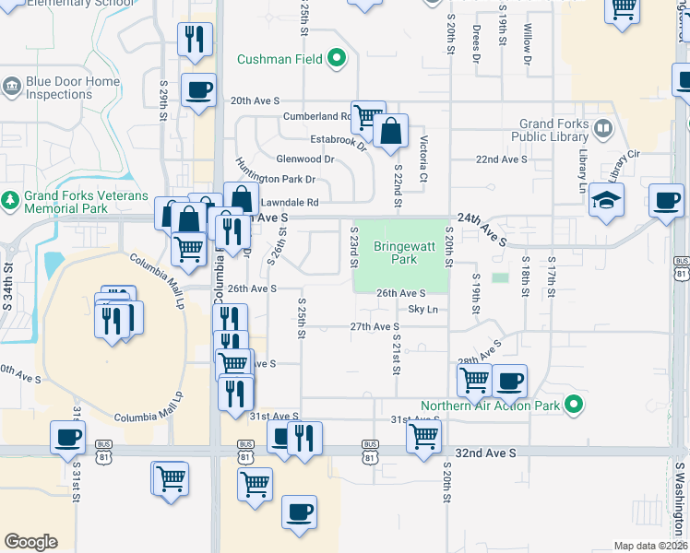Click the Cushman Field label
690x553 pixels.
(280, 60)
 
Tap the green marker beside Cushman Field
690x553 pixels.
(337, 60)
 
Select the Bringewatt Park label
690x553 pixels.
(397, 253)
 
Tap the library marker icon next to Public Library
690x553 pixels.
(604, 127)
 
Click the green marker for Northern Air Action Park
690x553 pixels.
(574, 405)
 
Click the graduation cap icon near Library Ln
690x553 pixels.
(607, 199)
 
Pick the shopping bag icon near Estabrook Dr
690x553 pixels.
(391, 133)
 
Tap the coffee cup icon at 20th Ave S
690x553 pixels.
(199, 90)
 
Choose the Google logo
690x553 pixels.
(30, 542)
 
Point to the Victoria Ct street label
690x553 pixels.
(423, 159)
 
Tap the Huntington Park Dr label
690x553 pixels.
(275, 178)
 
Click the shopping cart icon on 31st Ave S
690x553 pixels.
(423, 436)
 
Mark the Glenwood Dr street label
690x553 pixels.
(304, 159)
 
